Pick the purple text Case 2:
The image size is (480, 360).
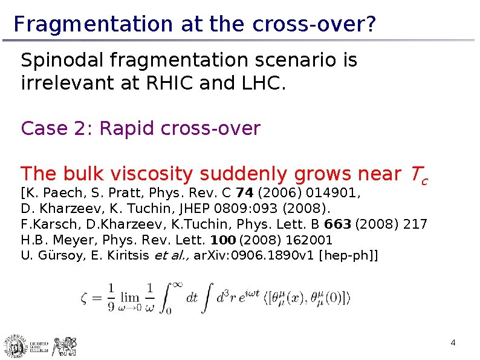(57, 129)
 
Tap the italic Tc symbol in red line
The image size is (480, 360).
(418, 175)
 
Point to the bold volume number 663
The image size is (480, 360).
(342, 225)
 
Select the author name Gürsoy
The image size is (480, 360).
(56, 255)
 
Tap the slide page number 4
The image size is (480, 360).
(453, 344)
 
